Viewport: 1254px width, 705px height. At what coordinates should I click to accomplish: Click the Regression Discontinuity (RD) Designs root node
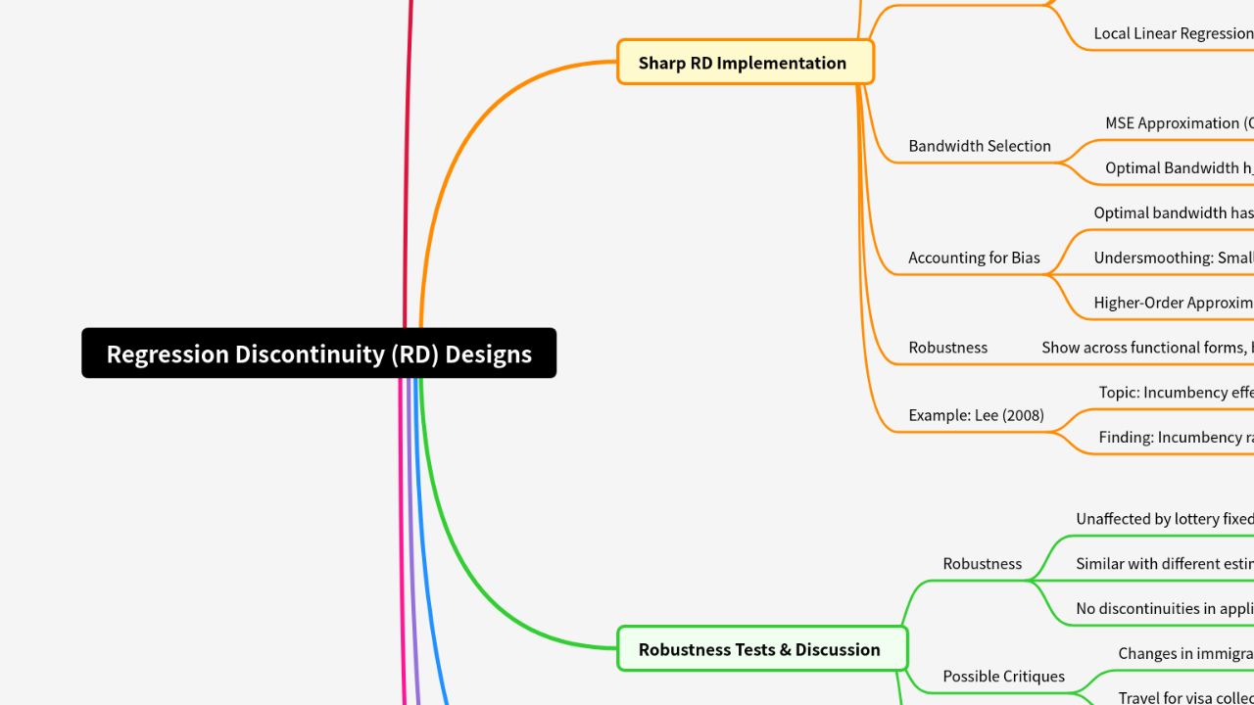(x=318, y=353)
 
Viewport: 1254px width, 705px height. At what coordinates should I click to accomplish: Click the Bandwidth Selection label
(x=979, y=146)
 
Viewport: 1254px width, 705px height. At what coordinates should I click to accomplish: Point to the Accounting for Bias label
(x=974, y=258)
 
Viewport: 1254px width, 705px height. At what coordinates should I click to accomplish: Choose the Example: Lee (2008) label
(x=976, y=415)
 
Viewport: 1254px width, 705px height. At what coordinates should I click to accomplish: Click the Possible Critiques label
(x=1003, y=677)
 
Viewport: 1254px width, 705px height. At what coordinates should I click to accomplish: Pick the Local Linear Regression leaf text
(x=1173, y=33)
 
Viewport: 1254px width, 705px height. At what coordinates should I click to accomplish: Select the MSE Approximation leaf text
(x=1179, y=123)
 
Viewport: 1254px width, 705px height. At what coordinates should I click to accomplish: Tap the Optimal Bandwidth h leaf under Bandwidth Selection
(x=1179, y=168)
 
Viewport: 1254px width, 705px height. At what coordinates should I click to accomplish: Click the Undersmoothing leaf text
(x=1173, y=258)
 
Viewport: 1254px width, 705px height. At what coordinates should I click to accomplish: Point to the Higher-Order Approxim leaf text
(x=1173, y=303)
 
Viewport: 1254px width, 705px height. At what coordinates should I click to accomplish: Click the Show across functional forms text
(x=1146, y=348)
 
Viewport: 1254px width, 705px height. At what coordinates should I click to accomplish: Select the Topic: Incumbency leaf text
(x=1175, y=393)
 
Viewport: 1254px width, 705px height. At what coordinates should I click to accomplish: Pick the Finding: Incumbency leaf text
(x=1175, y=438)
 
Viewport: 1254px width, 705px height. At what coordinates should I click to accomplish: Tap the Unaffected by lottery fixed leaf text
(x=1164, y=519)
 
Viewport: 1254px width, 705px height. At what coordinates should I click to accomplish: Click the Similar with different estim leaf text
(x=1164, y=564)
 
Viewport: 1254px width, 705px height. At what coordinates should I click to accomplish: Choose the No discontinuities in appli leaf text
(x=1164, y=609)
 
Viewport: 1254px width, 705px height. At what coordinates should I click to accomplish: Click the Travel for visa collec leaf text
(x=1184, y=698)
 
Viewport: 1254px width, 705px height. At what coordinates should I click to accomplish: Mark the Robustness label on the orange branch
(x=947, y=348)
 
